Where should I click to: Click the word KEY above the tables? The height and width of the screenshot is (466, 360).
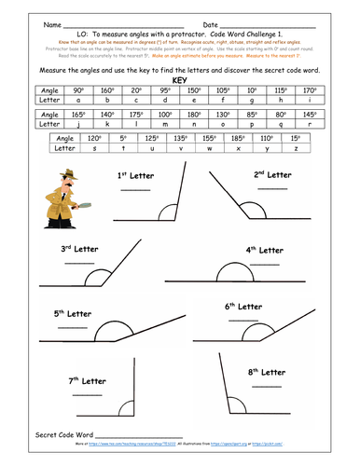click(181, 80)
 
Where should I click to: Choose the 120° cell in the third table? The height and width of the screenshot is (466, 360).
click(93, 136)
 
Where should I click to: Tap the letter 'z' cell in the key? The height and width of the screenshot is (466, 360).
click(297, 146)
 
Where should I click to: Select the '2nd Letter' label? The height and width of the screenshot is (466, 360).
click(274, 173)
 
